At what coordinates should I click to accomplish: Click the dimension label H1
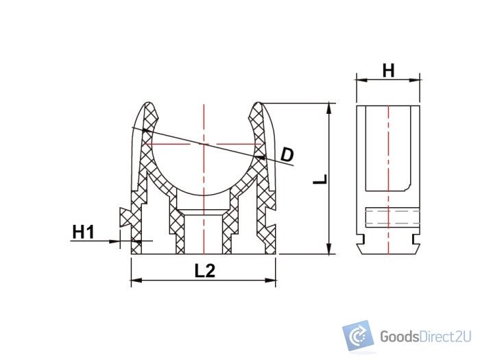click(x=83, y=232)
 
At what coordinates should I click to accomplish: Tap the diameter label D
click(x=287, y=154)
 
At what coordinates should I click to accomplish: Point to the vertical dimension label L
click(x=320, y=180)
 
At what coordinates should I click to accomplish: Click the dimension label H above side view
click(x=388, y=70)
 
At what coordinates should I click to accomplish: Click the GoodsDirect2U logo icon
click(x=357, y=335)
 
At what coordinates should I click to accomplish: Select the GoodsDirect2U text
click(x=424, y=337)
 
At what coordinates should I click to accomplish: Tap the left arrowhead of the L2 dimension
click(x=135, y=280)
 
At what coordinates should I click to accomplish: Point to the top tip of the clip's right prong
click(x=259, y=104)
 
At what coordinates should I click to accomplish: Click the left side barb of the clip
click(x=124, y=217)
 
